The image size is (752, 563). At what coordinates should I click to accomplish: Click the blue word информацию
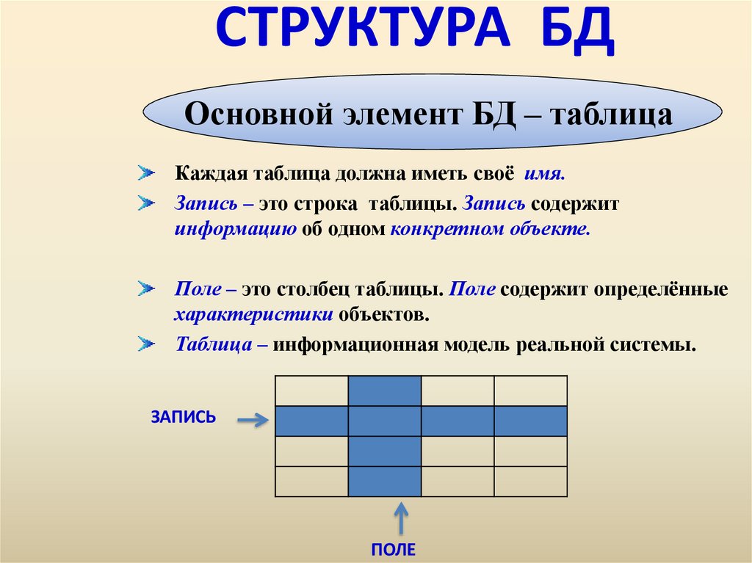click(235, 228)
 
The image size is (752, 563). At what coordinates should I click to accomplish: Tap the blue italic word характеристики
click(254, 315)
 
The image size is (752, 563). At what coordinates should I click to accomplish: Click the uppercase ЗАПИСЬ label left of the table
click(183, 417)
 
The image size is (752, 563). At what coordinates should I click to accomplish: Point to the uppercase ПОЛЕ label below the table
click(394, 549)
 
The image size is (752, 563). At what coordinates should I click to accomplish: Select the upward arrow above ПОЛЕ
click(401, 519)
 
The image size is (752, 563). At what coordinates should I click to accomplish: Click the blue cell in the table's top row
click(384, 390)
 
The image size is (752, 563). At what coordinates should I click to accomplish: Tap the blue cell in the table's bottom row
click(384, 482)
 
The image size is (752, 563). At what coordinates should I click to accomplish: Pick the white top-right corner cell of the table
click(530, 390)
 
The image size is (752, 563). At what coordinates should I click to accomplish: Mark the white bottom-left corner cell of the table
click(311, 482)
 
